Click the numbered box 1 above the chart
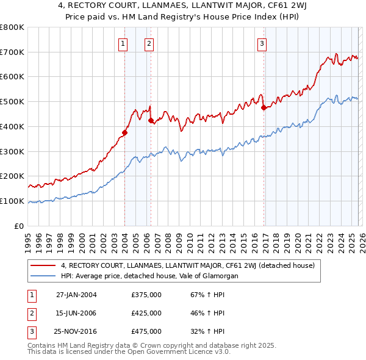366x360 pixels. pos(124,43)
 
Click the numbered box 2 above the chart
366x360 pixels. pos(149,43)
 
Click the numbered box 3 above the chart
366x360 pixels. pos(262,43)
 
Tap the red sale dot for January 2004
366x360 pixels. pos(124,132)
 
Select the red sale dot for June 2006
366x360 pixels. pos(151,120)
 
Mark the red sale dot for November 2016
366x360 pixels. pos(264,108)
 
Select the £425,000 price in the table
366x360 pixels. pos(146,313)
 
